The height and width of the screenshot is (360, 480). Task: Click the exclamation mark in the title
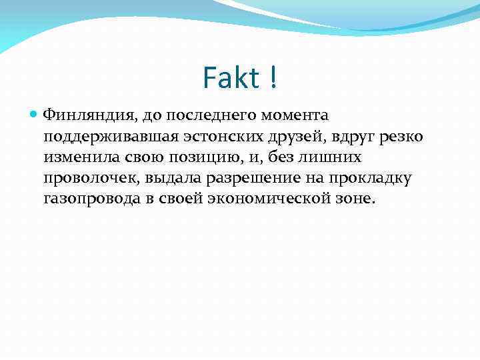[x=273, y=79]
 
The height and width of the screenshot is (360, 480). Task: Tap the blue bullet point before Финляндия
[x=35, y=115]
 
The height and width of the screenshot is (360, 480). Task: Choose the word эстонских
[x=216, y=137]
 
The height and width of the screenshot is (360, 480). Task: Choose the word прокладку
[x=371, y=178]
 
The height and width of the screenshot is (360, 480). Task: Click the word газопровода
[x=86, y=199]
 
